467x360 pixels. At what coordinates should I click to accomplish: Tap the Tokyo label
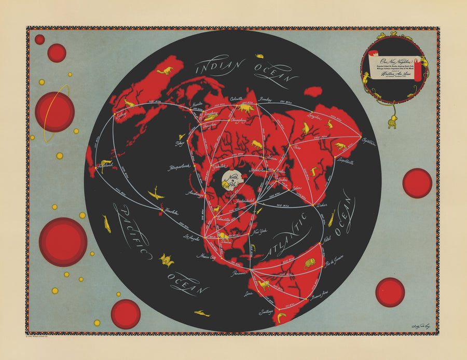click(x=180, y=143)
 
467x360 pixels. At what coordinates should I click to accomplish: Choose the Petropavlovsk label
click(x=180, y=168)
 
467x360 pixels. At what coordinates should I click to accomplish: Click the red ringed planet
click(x=54, y=112)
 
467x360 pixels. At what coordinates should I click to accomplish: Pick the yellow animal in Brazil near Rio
click(x=310, y=264)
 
